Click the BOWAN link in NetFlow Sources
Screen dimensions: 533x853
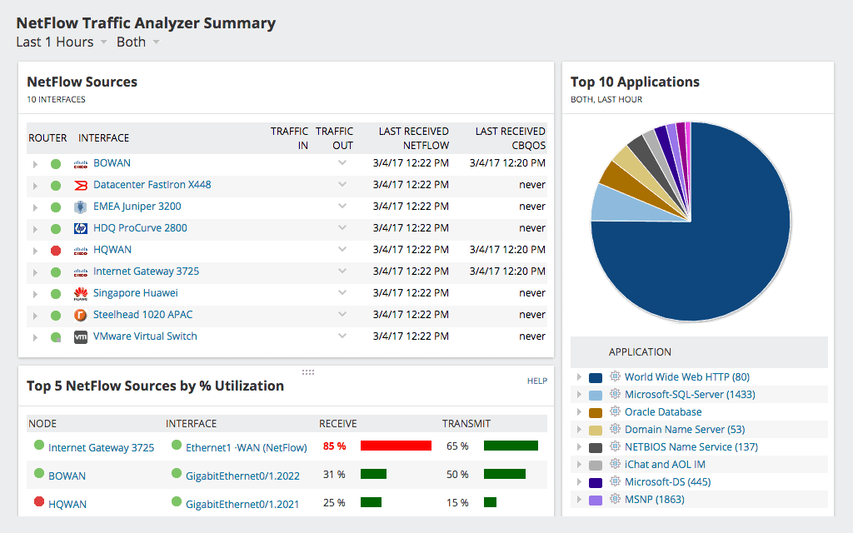point(112,163)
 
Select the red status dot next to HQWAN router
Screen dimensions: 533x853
point(56,250)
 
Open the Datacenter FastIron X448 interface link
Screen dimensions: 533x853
point(152,185)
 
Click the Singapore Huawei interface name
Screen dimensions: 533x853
point(135,293)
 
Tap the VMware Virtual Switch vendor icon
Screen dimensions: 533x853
point(81,336)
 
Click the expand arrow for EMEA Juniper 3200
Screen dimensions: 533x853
point(35,207)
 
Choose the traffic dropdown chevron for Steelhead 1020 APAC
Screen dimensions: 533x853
point(342,315)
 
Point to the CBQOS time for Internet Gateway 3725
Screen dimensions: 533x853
point(507,271)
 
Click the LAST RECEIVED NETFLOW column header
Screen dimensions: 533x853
point(413,138)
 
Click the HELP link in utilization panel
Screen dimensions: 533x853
point(536,381)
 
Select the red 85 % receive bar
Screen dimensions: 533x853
point(396,446)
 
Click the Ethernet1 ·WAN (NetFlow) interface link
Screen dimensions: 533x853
point(246,447)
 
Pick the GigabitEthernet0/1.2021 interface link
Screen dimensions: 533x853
point(242,504)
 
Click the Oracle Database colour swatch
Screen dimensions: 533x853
point(595,412)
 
